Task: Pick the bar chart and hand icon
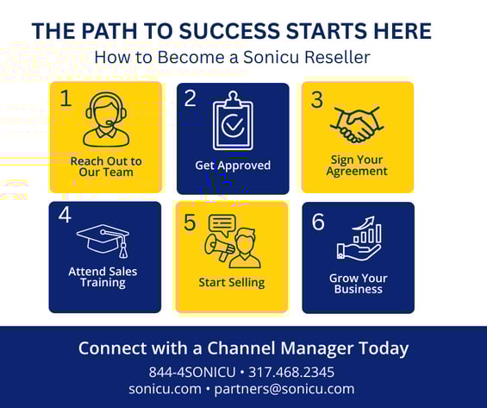(358, 240)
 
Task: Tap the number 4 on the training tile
(65, 215)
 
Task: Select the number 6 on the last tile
(318, 223)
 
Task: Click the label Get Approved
(233, 166)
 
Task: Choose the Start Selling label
(232, 282)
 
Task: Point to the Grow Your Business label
(358, 284)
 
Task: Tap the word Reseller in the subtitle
(334, 58)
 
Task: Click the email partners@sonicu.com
(284, 388)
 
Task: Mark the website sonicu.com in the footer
(165, 388)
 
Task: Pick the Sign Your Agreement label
(357, 166)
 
